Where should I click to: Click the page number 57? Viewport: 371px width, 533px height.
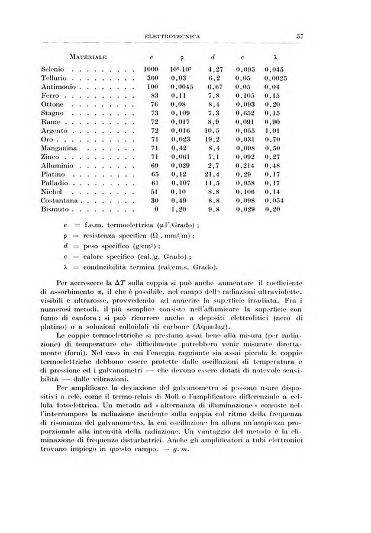300,36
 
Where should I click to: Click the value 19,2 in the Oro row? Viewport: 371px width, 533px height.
214,139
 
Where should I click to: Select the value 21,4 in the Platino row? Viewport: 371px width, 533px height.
212,175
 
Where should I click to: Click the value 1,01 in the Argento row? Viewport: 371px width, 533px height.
272,130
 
